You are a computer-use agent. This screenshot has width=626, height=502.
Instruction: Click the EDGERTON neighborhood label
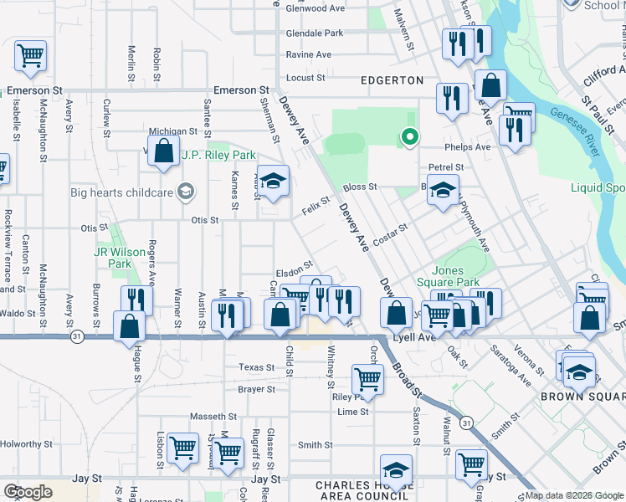392,80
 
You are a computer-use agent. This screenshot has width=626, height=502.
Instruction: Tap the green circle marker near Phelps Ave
409,136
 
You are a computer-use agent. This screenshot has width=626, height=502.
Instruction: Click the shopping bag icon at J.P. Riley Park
164,151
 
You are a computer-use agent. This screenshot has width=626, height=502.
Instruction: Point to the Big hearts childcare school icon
185,192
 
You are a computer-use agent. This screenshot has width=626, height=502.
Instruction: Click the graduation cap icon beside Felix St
273,181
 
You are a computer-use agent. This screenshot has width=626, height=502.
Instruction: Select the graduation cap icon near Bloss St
443,190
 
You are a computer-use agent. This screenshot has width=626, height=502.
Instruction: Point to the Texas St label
256,367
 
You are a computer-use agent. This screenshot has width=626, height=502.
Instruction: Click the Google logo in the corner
28,492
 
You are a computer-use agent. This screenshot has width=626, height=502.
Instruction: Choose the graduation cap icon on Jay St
397,469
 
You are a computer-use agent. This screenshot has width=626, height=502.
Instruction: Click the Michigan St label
172,131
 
